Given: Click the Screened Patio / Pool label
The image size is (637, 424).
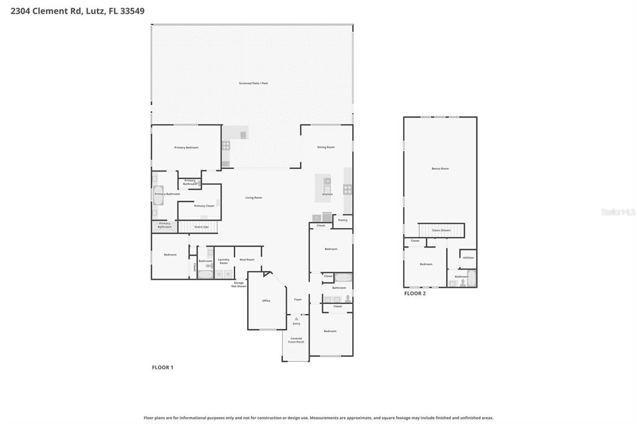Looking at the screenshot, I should click(253, 83).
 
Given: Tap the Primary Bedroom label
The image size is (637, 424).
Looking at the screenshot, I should click(186, 147).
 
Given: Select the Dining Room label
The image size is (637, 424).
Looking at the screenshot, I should click(326, 147).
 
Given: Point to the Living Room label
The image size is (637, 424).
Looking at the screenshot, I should click(253, 198).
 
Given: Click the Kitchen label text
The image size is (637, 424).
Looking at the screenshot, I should click(327, 194).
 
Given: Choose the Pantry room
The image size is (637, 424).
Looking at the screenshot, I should click(342, 220).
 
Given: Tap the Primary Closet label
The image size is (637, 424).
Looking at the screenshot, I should click(203, 206).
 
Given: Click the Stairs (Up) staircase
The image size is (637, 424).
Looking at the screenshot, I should click(200, 227).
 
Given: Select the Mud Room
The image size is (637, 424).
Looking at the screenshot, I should click(247, 259).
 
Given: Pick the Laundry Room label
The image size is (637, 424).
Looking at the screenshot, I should click(223, 261).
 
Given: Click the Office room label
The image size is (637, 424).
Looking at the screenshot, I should click(266, 301).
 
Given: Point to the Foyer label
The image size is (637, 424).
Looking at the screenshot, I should click(298, 300).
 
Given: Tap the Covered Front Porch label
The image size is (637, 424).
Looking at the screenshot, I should click(296, 340).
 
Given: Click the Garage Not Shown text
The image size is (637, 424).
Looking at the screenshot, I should click(238, 284).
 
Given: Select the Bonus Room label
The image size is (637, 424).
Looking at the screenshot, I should click(440, 168).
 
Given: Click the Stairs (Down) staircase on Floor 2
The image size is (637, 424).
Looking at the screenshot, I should click(441, 230).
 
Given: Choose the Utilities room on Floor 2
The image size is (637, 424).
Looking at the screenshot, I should click(468, 257).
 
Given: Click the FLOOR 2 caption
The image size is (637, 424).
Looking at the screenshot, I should click(415, 293).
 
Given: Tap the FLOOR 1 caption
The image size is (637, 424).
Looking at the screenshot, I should click(162, 367).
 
